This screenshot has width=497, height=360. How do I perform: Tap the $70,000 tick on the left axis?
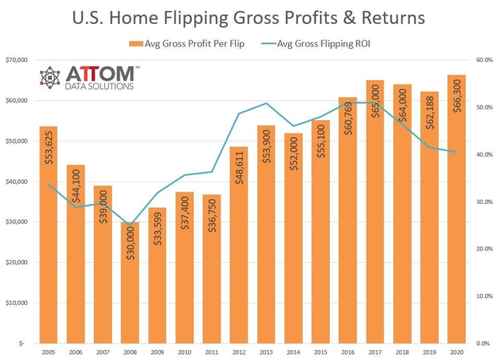[16, 61]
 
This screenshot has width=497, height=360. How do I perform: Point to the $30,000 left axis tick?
[16, 222]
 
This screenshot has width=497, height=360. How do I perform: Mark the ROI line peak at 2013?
[266, 103]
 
